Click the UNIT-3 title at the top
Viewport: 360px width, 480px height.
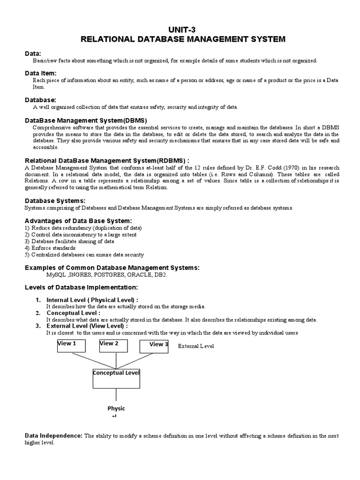183,29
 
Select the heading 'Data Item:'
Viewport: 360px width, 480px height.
40,73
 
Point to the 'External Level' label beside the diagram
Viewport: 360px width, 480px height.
196,346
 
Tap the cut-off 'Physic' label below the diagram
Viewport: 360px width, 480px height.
116,409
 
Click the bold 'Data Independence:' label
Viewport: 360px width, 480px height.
53,435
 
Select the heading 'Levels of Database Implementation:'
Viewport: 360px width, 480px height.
81,287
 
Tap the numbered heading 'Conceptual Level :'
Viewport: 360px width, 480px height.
73,313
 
